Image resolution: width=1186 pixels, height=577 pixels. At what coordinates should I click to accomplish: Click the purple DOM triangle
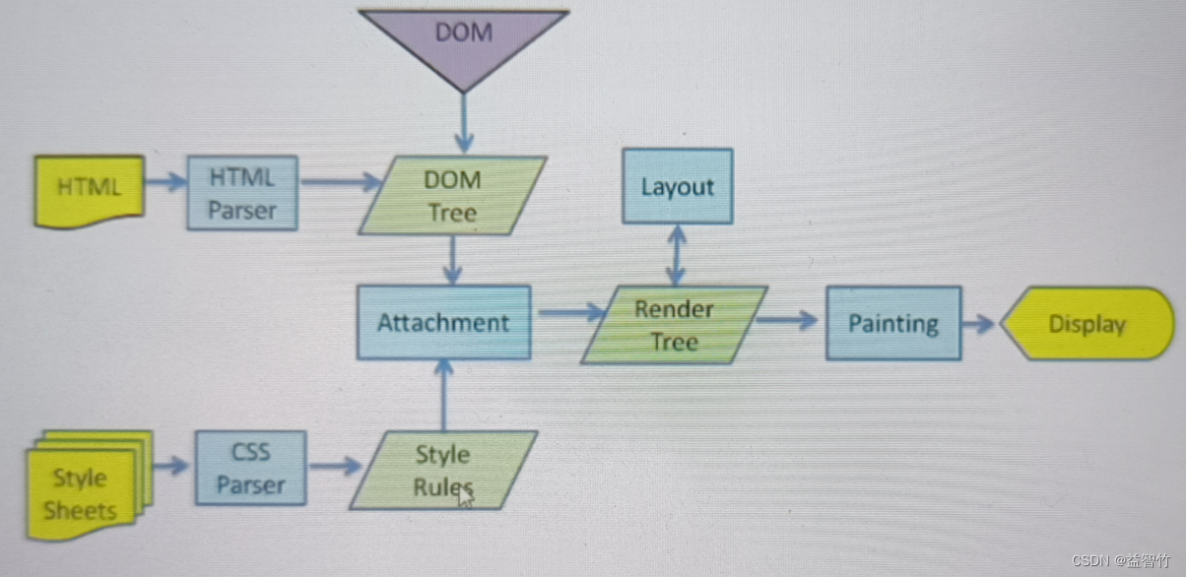pyautogui.click(x=463, y=39)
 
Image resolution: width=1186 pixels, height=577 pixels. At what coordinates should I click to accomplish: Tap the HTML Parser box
pyautogui.click(x=242, y=193)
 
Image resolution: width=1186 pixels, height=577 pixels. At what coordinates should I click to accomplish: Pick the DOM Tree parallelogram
pyautogui.click(x=452, y=195)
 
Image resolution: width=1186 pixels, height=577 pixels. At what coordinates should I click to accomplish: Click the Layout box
pyautogui.click(x=678, y=186)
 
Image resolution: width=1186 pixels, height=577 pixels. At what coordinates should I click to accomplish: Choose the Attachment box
pyautogui.click(x=443, y=322)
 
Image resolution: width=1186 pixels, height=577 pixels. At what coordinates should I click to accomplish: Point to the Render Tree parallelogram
pyautogui.click(x=675, y=325)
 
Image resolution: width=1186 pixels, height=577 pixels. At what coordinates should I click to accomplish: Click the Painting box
pyautogui.click(x=893, y=323)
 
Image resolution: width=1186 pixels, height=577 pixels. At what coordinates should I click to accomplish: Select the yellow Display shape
pyautogui.click(x=1087, y=324)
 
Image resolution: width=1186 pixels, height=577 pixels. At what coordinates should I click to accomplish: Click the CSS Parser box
pyautogui.click(x=250, y=469)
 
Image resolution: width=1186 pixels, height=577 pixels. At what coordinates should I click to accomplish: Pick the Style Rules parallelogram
pyautogui.click(x=442, y=471)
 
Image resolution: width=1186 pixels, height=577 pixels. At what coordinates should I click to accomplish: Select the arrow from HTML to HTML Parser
pyautogui.click(x=165, y=181)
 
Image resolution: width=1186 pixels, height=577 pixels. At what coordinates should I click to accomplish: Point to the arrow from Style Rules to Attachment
pyautogui.click(x=444, y=395)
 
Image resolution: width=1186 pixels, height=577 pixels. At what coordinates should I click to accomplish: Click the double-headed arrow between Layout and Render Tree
pyautogui.click(x=677, y=254)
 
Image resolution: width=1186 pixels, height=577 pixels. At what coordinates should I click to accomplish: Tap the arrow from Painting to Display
pyautogui.click(x=979, y=323)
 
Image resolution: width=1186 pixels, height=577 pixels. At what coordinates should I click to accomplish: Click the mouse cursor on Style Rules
pyautogui.click(x=465, y=495)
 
